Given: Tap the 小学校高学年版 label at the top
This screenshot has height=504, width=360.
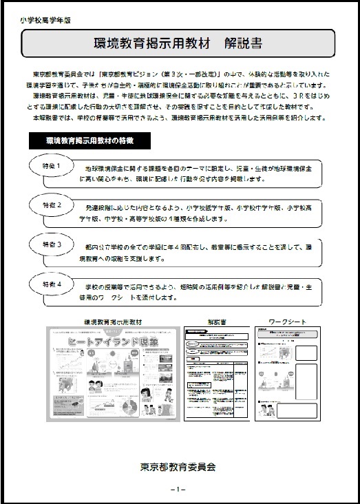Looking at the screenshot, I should [46, 20].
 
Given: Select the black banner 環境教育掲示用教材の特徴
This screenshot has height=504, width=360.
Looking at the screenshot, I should [90, 140].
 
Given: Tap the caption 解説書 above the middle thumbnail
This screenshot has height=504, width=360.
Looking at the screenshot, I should [214, 322].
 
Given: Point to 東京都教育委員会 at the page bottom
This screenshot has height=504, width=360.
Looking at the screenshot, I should [178, 466].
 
